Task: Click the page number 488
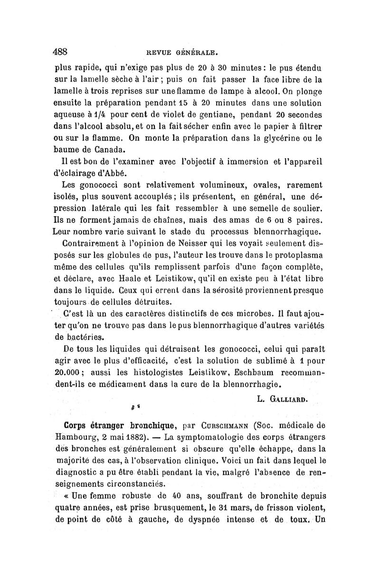coord(62,51)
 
